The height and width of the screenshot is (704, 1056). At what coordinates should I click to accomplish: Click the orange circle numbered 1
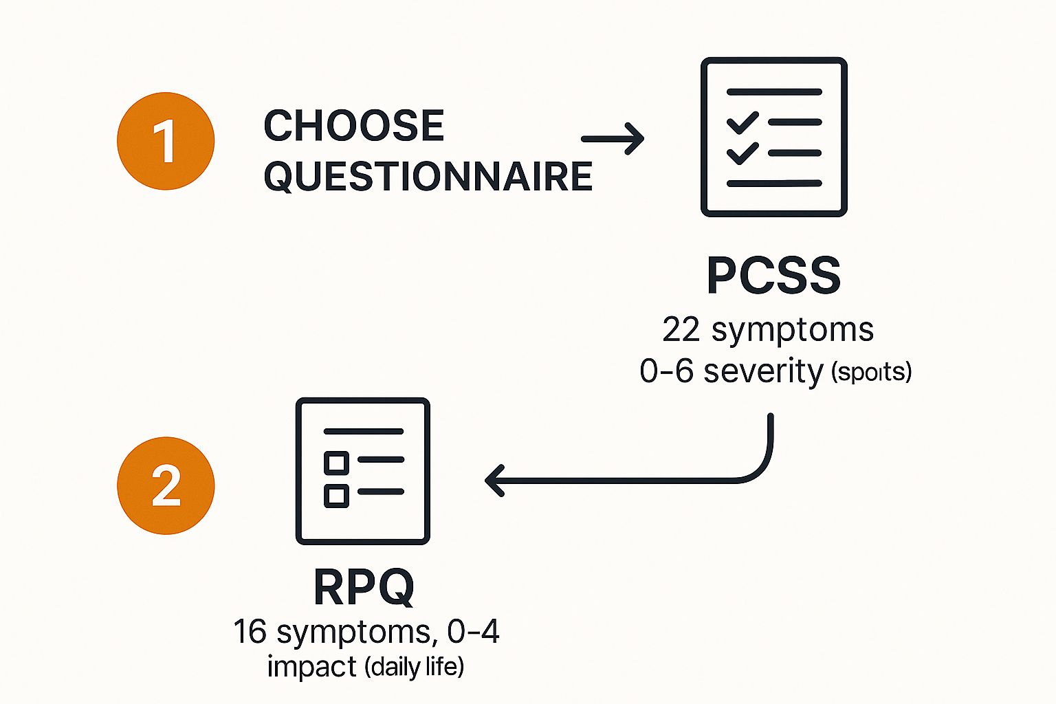166,141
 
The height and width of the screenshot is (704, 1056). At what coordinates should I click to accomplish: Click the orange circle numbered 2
166,485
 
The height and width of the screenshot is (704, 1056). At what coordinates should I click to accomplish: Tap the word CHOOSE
354,126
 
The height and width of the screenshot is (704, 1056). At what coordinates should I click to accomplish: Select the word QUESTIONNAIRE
428,176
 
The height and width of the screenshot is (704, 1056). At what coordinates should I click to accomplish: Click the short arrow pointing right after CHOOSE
613,138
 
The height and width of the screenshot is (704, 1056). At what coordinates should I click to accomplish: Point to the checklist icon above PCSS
773,137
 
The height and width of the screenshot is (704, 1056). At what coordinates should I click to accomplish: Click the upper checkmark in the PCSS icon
742,122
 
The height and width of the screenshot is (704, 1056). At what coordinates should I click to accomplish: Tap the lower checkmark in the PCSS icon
742,153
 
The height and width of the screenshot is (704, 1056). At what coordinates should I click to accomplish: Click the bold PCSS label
773,276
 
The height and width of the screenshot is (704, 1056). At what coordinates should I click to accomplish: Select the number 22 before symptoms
681,330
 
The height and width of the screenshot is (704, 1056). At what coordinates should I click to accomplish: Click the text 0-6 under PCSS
666,371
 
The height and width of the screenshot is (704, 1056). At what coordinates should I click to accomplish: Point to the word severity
763,371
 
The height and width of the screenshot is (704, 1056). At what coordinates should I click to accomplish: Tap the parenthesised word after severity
871,372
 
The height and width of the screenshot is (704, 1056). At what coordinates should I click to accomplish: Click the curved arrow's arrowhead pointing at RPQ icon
495,480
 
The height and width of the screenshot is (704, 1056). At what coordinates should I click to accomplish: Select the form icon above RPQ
362,471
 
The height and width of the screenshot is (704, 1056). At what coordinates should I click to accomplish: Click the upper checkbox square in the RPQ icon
336,462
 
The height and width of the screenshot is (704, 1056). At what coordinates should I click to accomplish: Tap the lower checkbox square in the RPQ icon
336,495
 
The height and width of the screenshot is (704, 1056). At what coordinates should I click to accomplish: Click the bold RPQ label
364,587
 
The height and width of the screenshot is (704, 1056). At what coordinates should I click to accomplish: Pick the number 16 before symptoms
250,631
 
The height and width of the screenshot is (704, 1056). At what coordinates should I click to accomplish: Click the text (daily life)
414,666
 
